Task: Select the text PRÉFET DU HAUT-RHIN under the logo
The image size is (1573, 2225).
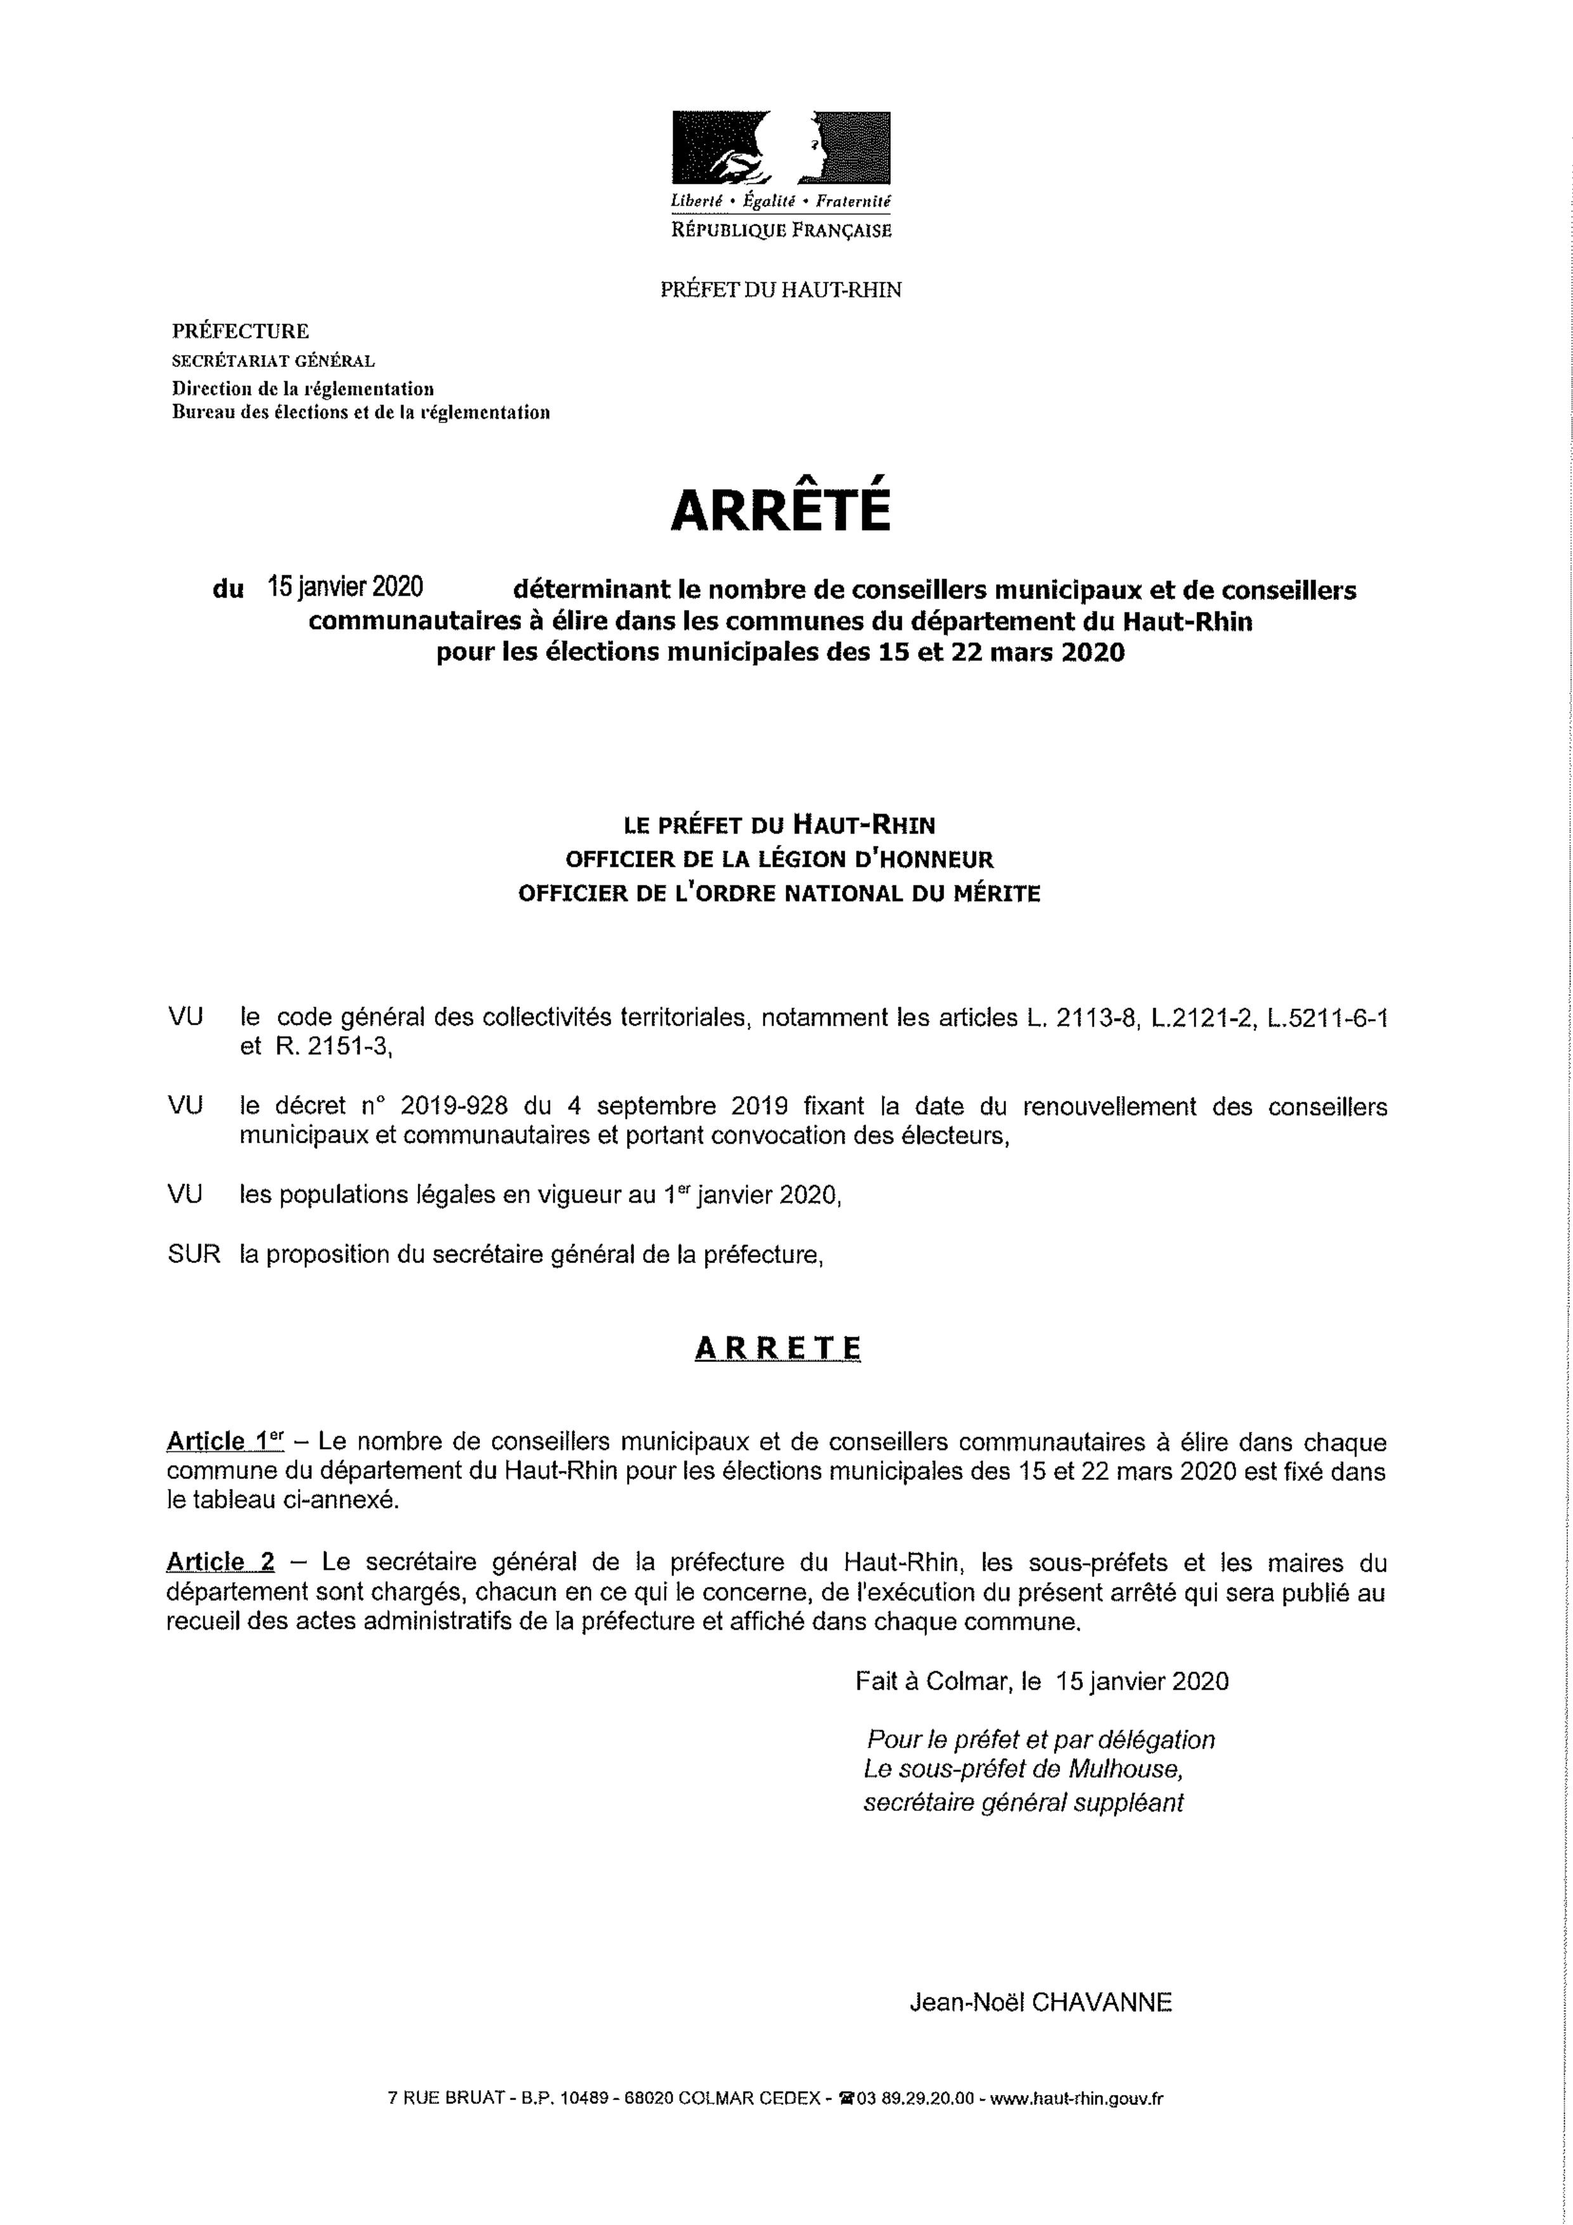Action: click(x=780, y=290)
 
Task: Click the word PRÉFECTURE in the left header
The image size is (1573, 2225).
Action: click(x=240, y=332)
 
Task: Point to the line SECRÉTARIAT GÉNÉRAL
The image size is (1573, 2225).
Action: click(x=273, y=361)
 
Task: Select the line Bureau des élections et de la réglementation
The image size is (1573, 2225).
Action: click(x=361, y=413)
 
